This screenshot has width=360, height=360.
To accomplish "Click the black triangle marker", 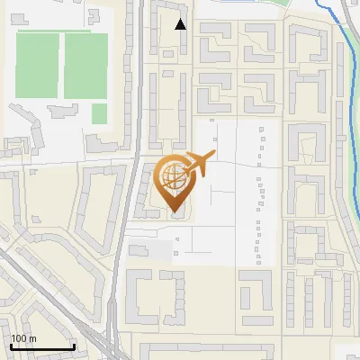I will coord(181,24).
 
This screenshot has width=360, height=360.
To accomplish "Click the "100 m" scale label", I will coord(24,338).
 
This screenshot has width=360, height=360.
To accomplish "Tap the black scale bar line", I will coord(42,346).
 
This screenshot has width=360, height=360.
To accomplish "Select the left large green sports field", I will coord(37,65).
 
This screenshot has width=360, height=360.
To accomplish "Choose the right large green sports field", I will coord(86,65).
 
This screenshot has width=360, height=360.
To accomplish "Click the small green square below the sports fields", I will coord(99,112).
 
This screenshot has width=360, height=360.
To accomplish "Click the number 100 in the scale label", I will coord(19,338).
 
